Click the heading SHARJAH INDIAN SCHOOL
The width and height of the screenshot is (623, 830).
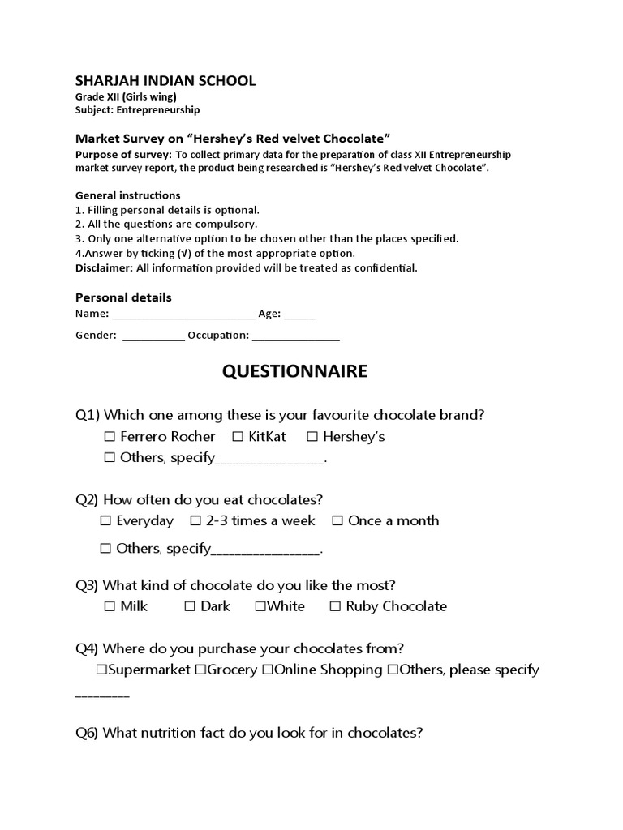pos(165,80)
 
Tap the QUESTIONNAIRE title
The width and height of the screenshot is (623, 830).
pos(294,371)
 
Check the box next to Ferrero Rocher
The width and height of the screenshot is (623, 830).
pos(110,437)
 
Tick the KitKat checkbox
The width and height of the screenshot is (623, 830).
pos(238,437)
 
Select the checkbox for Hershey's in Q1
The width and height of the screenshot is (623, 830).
pos(312,437)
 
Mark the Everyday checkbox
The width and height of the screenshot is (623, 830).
pos(105,521)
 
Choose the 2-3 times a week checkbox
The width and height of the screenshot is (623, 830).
pos(195,521)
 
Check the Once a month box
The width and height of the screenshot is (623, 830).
pos(337,521)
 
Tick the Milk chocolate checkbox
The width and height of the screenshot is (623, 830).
pos(110,606)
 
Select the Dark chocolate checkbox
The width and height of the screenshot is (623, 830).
pos(189,606)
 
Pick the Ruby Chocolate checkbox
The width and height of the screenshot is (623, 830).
pos(335,606)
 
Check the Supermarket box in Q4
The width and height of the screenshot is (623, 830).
pos(101,670)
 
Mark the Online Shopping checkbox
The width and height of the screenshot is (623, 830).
pos(267,670)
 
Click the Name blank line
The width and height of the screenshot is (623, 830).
pos(183,315)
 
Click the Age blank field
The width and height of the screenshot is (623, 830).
pos(299,315)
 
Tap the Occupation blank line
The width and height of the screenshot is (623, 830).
pos(295,336)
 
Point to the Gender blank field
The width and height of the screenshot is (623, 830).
pos(153,336)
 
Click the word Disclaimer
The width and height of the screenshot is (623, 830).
pos(104,267)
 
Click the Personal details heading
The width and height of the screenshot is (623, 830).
pos(123,297)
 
